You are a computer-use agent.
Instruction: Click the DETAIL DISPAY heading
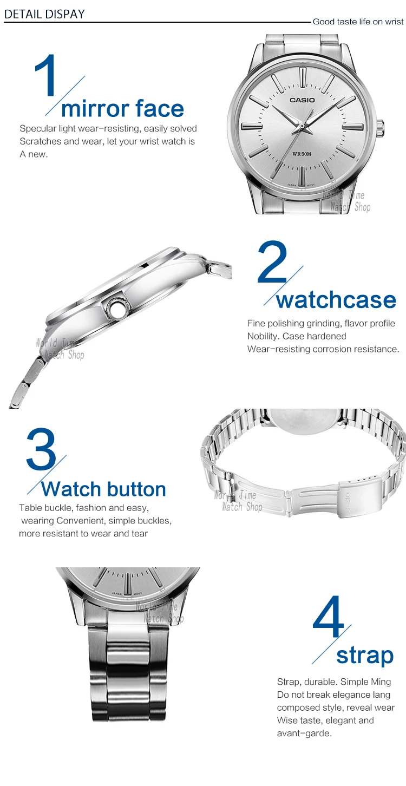point(44,14)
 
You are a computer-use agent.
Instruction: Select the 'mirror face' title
point(122,108)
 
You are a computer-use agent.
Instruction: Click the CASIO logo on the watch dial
point(302,100)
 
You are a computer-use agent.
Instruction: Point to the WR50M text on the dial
point(302,154)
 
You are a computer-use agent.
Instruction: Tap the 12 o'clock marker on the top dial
point(303,76)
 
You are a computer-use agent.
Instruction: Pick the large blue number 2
point(272,262)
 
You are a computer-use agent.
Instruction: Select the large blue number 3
point(41,449)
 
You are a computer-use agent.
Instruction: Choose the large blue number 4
point(328,617)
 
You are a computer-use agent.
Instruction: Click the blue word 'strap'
point(365,656)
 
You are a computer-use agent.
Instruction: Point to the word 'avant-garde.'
point(304,733)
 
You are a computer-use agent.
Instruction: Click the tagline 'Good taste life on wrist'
point(358,22)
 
